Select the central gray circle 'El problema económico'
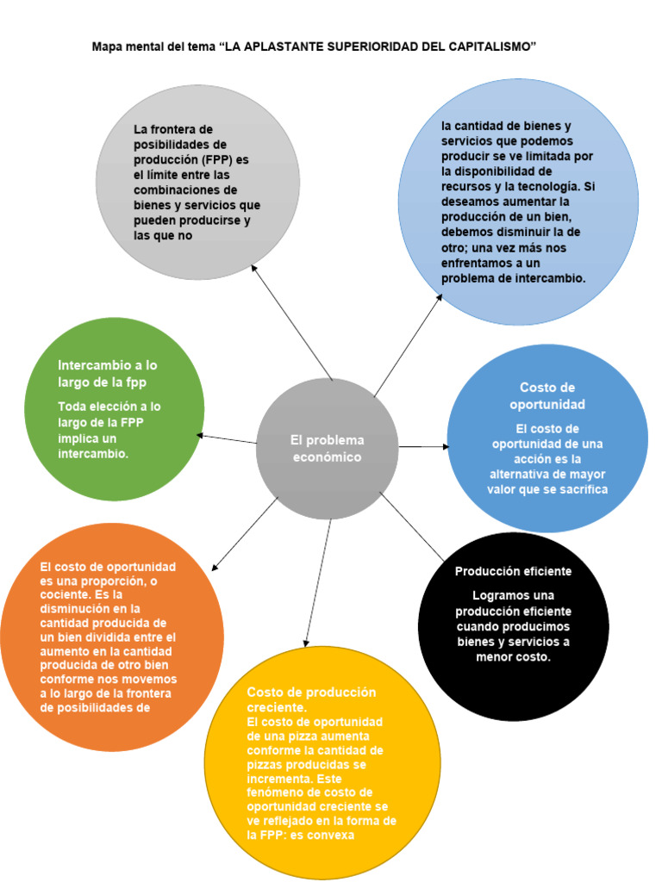pyautogui.click(x=327, y=448)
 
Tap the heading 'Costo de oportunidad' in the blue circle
pyautogui.click(x=547, y=396)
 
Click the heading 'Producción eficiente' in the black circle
pyautogui.click(x=513, y=571)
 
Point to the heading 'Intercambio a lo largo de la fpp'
pyautogui.click(x=108, y=373)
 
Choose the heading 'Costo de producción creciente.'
pyautogui.click(x=311, y=699)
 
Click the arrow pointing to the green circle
pyautogui.click(x=228, y=438)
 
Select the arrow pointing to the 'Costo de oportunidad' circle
pyautogui.click(x=423, y=447)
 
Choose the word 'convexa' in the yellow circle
pyautogui.click(x=333, y=835)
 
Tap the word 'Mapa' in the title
pyautogui.click(x=108, y=47)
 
